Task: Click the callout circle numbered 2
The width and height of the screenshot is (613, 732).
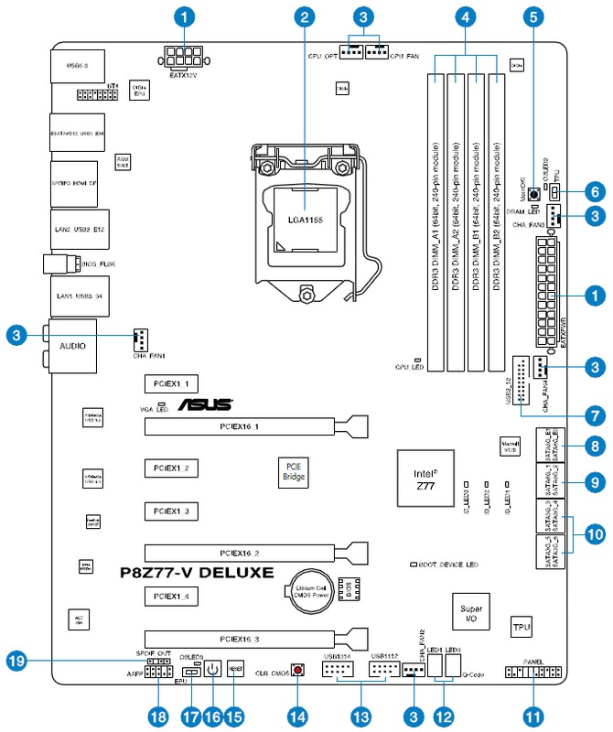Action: (x=306, y=16)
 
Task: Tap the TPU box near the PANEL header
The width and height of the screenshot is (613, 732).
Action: (x=522, y=628)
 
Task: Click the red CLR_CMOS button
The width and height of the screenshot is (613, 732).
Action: (x=297, y=671)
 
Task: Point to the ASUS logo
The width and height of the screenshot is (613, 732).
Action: (x=204, y=404)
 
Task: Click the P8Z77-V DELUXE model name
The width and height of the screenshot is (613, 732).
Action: (x=197, y=574)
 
